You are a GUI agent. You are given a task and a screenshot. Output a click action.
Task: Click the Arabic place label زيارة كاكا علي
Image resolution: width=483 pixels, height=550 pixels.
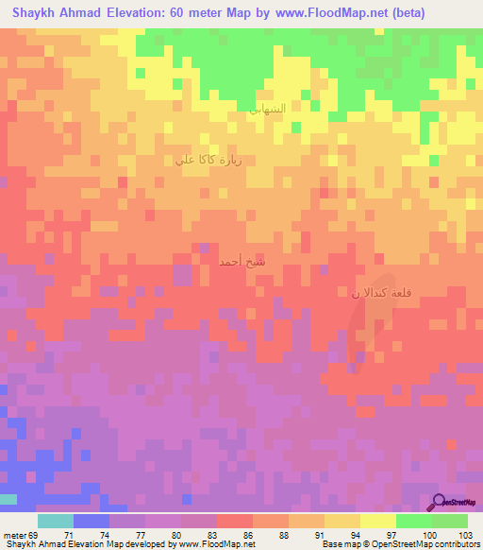(x=208, y=160)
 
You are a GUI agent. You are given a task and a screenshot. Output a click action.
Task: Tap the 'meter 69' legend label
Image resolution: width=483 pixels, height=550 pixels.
(x=21, y=535)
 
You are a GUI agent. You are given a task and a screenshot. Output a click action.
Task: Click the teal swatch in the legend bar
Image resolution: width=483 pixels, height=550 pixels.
(x=56, y=521)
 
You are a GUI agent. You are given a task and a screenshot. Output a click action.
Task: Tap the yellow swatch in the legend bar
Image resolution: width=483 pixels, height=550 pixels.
(x=378, y=521)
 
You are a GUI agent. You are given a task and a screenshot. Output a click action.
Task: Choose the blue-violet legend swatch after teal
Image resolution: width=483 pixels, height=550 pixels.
(x=92, y=521)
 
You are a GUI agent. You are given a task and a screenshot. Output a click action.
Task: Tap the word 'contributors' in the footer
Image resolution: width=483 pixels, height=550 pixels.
(x=457, y=545)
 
